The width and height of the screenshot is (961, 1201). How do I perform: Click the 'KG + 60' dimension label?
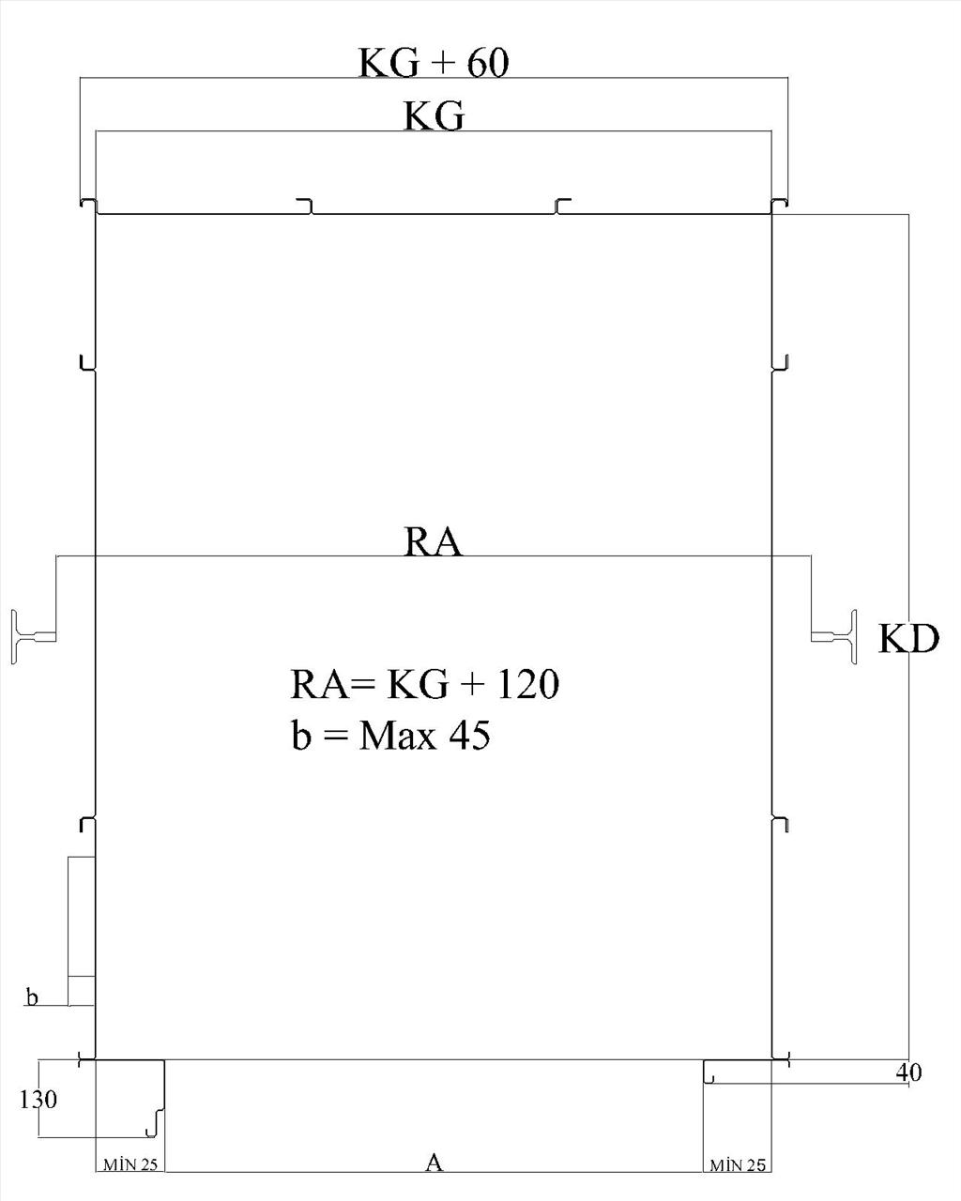[x=434, y=63]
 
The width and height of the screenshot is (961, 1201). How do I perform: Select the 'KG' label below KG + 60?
[x=434, y=116]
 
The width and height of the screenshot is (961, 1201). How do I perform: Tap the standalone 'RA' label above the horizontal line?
[x=433, y=541]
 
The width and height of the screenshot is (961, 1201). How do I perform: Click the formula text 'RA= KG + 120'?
[x=424, y=684]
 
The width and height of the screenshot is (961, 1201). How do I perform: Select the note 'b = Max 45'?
[x=390, y=735]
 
